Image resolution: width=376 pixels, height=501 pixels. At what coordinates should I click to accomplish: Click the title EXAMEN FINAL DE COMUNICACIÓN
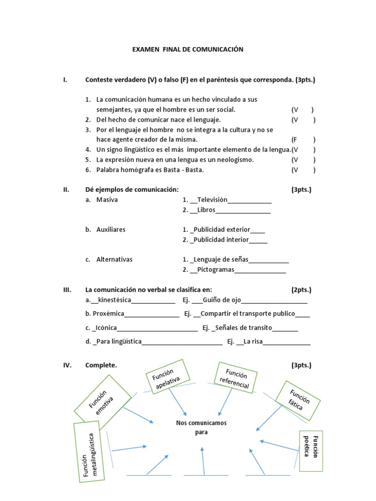click(188, 49)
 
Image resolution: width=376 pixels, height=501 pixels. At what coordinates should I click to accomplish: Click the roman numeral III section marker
click(68, 290)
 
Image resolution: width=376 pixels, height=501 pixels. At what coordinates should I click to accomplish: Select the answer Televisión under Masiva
click(212, 200)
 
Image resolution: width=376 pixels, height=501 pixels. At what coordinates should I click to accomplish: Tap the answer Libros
click(206, 210)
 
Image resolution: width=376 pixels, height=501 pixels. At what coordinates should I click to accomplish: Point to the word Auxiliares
click(111, 229)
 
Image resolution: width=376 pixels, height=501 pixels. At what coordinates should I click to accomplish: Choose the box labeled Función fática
click(298, 400)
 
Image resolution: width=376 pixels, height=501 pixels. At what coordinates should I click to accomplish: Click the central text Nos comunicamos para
click(201, 427)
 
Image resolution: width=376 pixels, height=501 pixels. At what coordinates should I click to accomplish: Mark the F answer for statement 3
click(295, 139)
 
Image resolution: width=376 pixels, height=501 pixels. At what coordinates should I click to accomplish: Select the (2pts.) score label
click(301, 290)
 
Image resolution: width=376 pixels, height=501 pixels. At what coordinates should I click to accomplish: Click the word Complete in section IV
click(101, 365)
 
